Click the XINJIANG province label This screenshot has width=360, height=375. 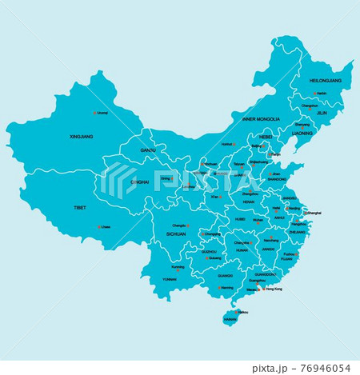pyautogui.click(x=82, y=137)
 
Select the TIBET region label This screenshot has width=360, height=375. pyautogui.click(x=79, y=207)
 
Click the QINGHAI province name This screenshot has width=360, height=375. pyautogui.click(x=139, y=182)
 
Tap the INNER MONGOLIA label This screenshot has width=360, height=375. pyautogui.click(x=261, y=119)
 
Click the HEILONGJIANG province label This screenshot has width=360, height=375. pyautogui.click(x=326, y=81)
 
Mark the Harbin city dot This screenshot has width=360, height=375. pyautogui.click(x=314, y=94)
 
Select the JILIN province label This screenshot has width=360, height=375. pyautogui.click(x=322, y=114)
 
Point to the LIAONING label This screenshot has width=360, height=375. pyautogui.click(x=302, y=134)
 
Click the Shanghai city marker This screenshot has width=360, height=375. pyautogui.click(x=306, y=213)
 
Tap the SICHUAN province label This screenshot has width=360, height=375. pyautogui.click(x=175, y=234)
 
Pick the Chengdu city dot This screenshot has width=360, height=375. pyautogui.click(x=189, y=225)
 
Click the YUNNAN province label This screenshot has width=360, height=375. pyautogui.click(x=170, y=279)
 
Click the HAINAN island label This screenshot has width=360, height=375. pyautogui.click(x=230, y=318)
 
